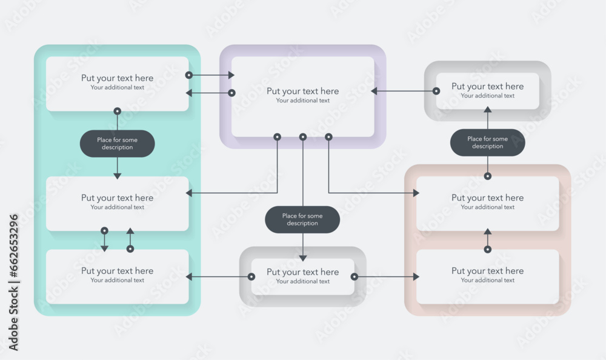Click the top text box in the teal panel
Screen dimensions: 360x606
[x=117, y=84]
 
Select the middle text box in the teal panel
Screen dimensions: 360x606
[x=117, y=203]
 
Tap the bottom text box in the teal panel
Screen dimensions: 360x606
[x=117, y=276]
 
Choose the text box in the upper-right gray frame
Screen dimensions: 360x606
[x=487, y=91]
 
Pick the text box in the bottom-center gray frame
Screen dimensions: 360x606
[x=303, y=276]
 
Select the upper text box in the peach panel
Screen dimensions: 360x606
[x=487, y=203]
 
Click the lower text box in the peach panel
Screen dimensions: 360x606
[x=487, y=276]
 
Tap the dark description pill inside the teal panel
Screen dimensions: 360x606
[x=117, y=144]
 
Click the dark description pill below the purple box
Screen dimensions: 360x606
[x=302, y=219]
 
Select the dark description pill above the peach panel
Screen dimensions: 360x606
[x=487, y=142]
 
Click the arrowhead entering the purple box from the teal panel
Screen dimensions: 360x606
[x=231, y=75]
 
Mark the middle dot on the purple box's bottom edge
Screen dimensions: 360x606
[x=303, y=137]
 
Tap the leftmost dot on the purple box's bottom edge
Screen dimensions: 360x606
[x=277, y=137]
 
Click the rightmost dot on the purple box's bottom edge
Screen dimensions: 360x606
[x=328, y=137]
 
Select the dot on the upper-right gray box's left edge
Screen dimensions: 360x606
[x=436, y=91]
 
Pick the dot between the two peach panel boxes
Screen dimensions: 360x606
[x=487, y=249]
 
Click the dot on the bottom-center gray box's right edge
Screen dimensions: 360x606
[x=355, y=276]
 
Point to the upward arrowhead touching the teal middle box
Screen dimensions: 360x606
[x=130, y=232]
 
